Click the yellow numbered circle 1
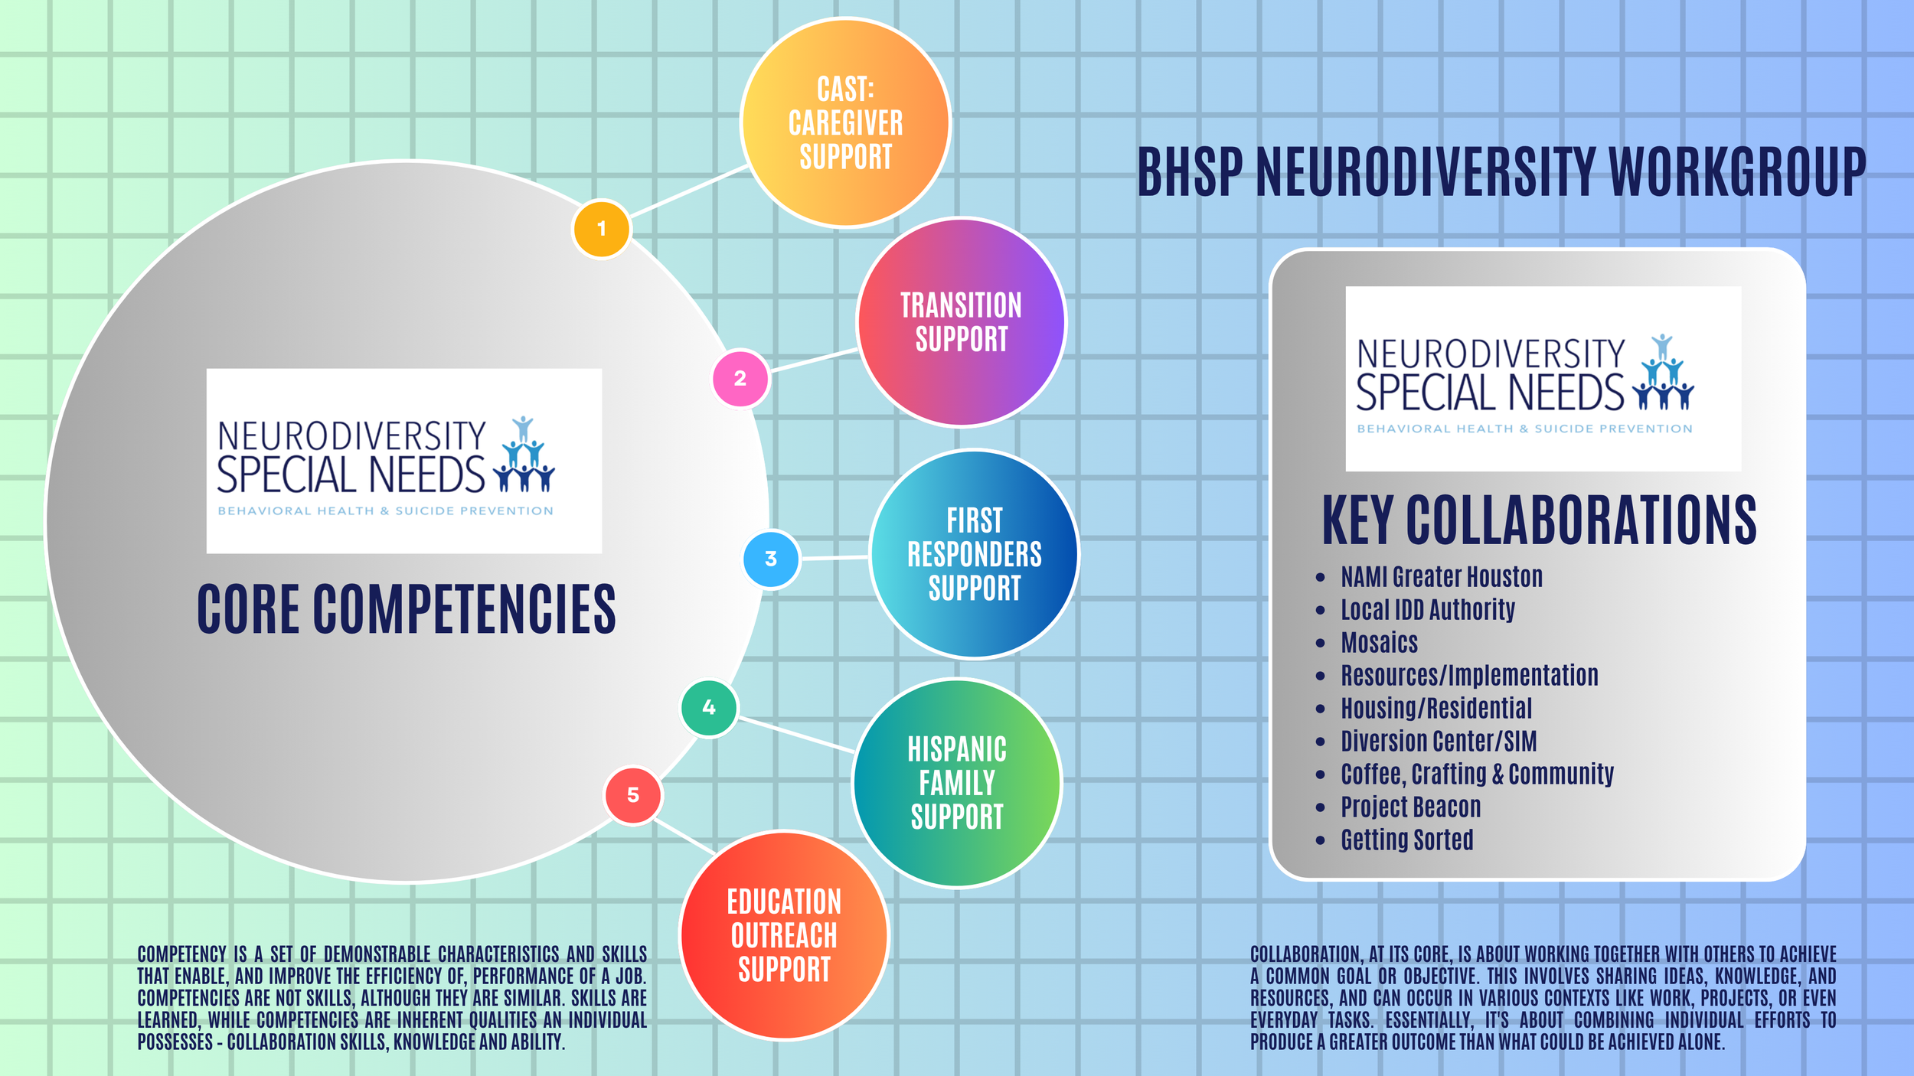[601, 229]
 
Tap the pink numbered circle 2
[740, 378]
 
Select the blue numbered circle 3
[771, 559]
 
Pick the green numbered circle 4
[709, 708]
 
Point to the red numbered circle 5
[633, 796]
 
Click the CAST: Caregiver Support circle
[845, 122]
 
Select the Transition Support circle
[961, 322]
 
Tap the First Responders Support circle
[974, 554]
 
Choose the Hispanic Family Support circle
[956, 783]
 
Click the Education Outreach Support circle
[784, 935]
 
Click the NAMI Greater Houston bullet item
[1441, 577]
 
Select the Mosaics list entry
[1379, 643]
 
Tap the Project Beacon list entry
[1410, 807]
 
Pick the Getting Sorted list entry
[1406, 840]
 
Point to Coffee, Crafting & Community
[1477, 774]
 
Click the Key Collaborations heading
[1539, 520]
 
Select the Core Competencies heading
[406, 609]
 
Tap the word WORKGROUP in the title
[1736, 172]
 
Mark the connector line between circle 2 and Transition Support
[813, 360]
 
